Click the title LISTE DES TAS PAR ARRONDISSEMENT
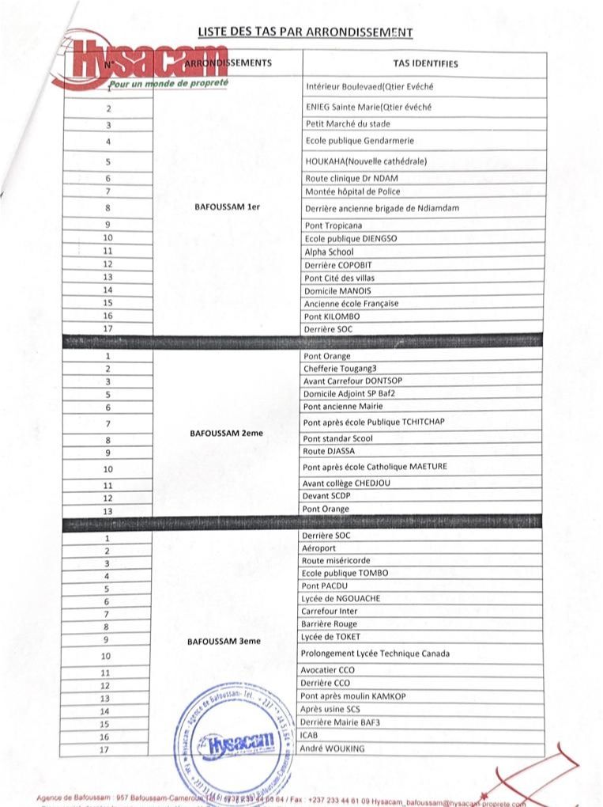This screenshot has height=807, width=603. point(305,32)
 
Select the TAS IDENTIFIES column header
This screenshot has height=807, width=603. point(424,64)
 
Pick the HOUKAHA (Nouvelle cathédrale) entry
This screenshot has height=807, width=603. point(366,161)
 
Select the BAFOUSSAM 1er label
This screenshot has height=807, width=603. point(227,207)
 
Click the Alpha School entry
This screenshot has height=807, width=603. point(330,252)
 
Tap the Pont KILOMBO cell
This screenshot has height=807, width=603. point(332,316)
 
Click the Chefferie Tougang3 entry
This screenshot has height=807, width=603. point(341,369)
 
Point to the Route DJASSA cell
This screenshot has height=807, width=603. point(330,451)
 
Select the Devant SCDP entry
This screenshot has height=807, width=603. point(326,496)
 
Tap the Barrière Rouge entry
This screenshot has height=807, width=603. point(330,624)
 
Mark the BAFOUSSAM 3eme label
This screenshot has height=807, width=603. point(224,642)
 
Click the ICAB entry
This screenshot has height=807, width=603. point(310,735)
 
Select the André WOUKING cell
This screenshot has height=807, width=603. point(333,748)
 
